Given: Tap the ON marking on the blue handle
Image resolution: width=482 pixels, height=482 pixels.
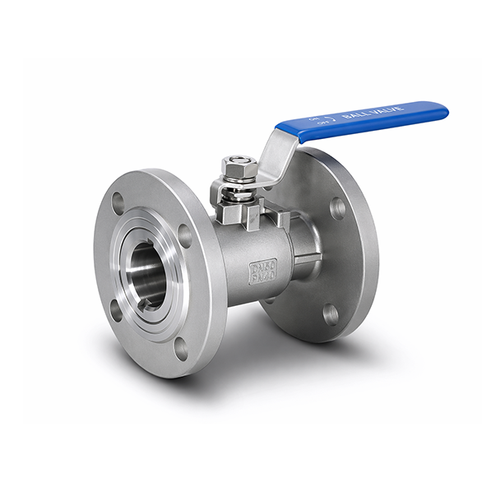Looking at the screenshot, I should point(313,118).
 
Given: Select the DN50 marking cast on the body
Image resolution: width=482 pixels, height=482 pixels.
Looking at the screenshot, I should point(264,266).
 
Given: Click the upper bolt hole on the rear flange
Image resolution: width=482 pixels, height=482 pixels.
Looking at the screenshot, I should point(337,207).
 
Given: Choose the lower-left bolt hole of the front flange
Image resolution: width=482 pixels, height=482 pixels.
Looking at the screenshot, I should point(116,309).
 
